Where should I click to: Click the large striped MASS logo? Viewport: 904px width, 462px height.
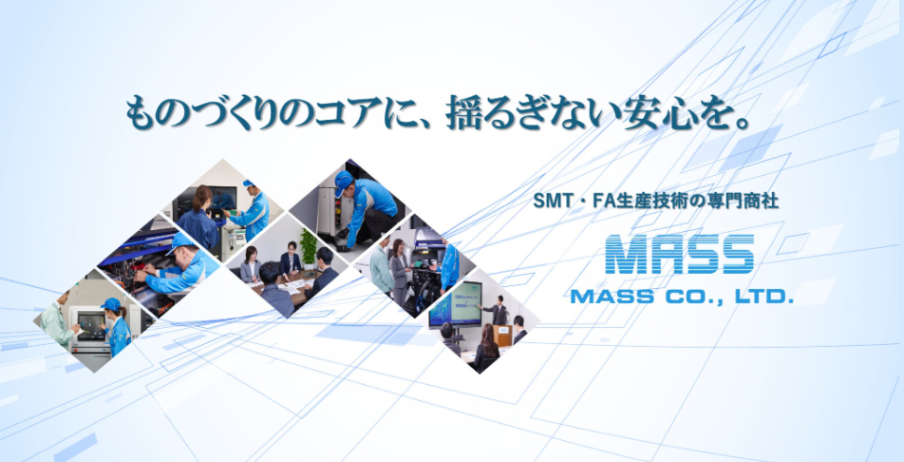click(x=679, y=256)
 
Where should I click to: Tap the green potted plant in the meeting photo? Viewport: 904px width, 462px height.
click(x=308, y=244)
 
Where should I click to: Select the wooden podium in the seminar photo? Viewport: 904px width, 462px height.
click(x=504, y=335)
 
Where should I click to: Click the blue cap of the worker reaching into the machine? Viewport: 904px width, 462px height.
click(x=179, y=243)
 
